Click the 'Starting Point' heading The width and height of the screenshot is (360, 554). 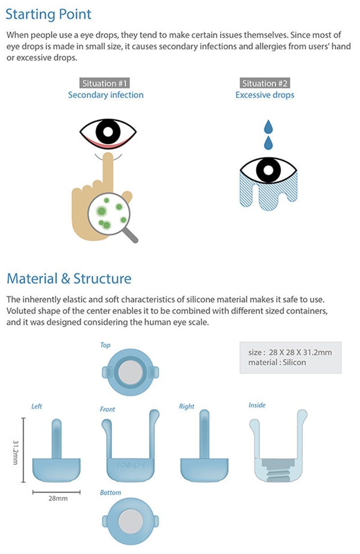point(48,14)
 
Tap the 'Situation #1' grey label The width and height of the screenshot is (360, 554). point(105,83)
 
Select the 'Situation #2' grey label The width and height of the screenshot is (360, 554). point(265,83)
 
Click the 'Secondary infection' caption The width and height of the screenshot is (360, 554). point(106,95)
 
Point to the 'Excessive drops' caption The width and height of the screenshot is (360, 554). point(265,95)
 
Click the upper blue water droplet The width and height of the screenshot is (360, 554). point(268,126)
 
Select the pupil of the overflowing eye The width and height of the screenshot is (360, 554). point(268,171)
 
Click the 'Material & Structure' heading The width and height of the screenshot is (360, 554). point(69,278)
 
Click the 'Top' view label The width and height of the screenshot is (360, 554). point(105,345)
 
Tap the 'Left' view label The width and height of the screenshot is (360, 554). point(36,406)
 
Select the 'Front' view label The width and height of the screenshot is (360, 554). point(108,409)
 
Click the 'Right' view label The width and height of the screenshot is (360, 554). point(186,406)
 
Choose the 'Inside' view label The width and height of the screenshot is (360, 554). point(257,405)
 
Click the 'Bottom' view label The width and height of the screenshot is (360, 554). point(110,492)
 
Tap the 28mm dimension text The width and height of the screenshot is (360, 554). point(57,499)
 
